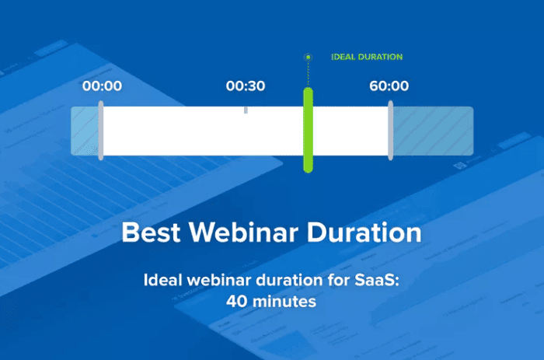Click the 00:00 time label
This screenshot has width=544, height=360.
point(102,86)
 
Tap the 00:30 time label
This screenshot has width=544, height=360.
point(246,86)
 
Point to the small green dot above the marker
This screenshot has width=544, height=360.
point(308,57)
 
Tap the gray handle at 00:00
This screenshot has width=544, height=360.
point(101,130)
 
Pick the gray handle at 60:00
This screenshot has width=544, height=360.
point(390,130)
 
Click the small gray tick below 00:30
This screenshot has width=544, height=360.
point(246,110)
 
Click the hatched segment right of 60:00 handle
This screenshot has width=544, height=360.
point(433,130)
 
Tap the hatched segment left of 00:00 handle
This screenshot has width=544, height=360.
point(85,130)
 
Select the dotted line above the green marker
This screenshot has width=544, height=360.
point(308,75)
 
